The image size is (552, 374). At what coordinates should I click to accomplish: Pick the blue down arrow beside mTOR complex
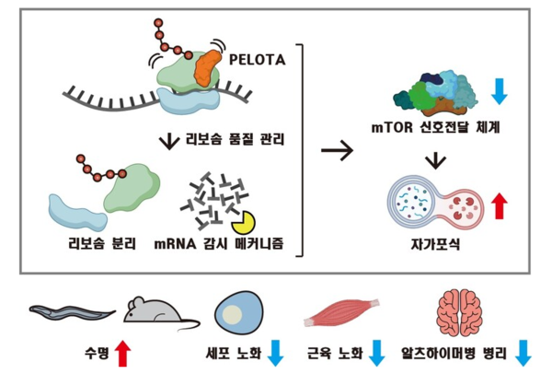pyautogui.click(x=499, y=90)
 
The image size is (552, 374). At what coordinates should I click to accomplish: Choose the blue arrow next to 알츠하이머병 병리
pyautogui.click(x=524, y=352)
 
